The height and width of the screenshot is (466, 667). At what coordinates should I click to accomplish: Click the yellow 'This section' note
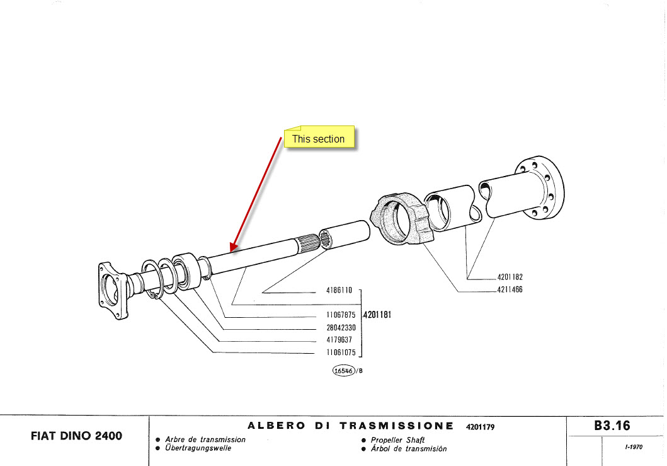(319, 139)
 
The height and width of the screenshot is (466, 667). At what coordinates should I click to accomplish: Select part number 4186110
(339, 291)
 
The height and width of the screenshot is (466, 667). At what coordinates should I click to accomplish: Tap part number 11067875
(341, 315)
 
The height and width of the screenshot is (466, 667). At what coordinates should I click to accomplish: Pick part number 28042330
(341, 327)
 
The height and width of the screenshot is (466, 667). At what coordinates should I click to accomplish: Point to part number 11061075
(341, 352)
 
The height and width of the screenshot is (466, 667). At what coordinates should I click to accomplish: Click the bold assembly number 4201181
(377, 314)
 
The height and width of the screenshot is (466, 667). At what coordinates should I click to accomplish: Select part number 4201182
(510, 277)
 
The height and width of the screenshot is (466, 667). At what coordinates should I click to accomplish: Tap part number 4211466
(510, 290)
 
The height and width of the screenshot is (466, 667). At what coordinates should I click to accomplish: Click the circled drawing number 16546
(344, 371)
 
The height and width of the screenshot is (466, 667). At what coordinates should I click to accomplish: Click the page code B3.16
(612, 426)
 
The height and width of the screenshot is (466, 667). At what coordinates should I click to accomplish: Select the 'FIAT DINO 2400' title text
(76, 436)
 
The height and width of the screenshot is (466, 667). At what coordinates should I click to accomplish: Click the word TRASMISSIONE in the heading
(396, 426)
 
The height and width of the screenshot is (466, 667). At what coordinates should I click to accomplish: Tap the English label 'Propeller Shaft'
(398, 440)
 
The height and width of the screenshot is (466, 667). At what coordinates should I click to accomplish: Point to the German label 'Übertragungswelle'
(198, 448)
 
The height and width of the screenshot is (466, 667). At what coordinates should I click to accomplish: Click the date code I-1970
(634, 447)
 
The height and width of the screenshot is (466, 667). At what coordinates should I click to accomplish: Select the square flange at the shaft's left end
(113, 289)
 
